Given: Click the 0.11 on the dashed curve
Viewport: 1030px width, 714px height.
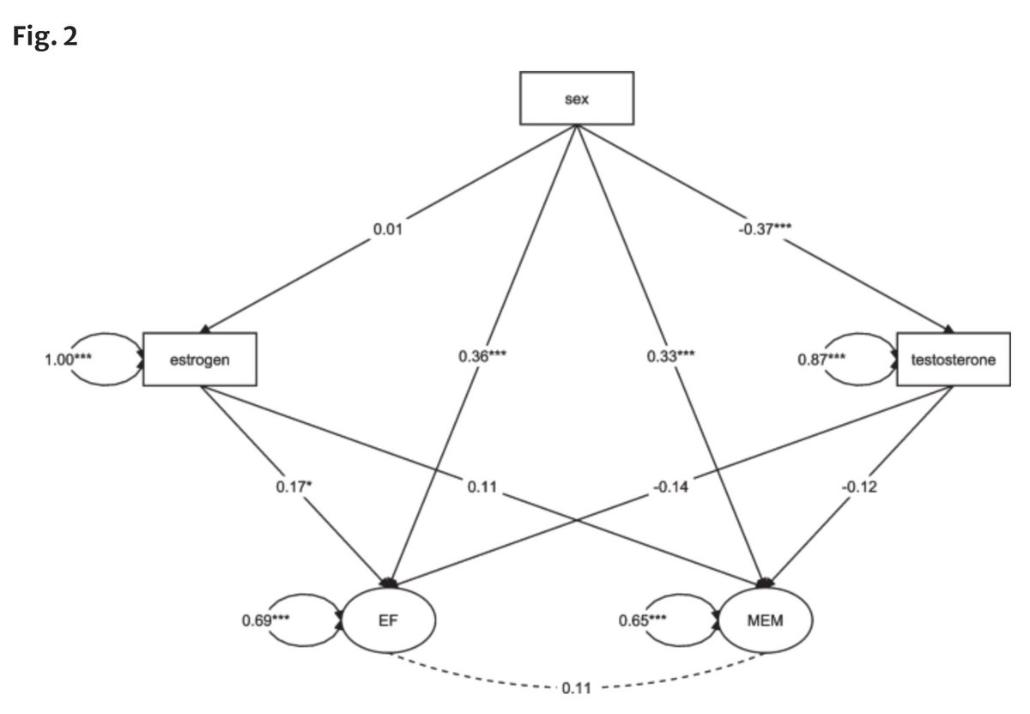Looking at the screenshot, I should point(577,688).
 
